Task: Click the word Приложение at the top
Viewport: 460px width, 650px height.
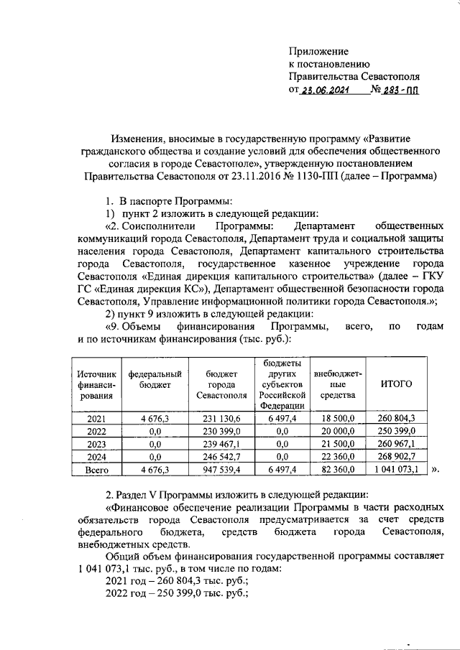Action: [x=318, y=52]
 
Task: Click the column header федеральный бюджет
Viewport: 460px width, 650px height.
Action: [x=155, y=379]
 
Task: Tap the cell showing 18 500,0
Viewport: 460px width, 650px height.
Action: [x=333, y=418]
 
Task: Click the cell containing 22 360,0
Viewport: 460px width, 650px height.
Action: [x=333, y=457]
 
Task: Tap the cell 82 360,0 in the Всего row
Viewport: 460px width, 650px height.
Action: [x=333, y=470]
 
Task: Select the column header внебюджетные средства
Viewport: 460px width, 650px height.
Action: [x=333, y=384]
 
